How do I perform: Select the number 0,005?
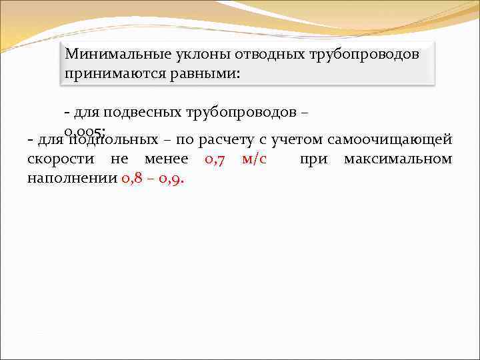(x=85, y=130)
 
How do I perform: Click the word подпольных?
(x=116, y=140)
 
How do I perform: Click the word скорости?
(x=59, y=159)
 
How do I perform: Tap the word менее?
(x=166, y=159)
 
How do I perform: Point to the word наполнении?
(x=72, y=179)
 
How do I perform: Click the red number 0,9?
(x=172, y=179)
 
